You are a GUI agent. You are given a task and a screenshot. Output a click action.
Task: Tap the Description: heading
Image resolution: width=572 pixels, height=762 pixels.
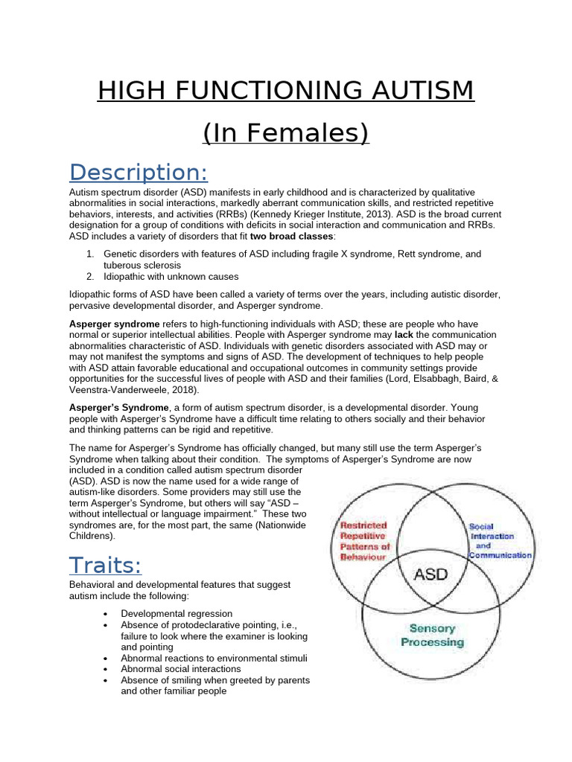pos(139,172)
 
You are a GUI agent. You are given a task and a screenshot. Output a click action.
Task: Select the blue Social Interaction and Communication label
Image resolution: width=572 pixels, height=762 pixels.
pos(500,541)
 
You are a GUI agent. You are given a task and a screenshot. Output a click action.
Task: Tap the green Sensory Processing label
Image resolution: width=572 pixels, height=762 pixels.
pos(432,635)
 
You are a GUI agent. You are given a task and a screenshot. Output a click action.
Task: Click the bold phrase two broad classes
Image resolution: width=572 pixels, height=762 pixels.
pos(293,236)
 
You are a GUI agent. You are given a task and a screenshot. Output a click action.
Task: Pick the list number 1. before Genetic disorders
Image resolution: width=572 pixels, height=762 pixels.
pos(89,254)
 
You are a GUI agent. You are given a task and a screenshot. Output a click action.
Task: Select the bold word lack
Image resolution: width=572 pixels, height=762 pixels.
pos(404,335)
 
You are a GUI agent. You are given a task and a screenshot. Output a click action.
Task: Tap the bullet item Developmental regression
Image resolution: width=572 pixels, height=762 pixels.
pos(171,614)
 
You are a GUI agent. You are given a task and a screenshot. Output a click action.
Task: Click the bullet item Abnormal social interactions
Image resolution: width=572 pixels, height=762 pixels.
pos(181,669)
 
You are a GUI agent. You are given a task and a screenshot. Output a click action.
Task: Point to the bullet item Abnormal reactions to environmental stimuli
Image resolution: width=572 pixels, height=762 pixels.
pos(214,659)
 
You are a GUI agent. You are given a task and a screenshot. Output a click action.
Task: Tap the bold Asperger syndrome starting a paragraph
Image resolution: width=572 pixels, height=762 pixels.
pos(114,324)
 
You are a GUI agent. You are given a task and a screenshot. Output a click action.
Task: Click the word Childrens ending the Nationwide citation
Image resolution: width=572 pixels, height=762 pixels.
pos(91,535)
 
